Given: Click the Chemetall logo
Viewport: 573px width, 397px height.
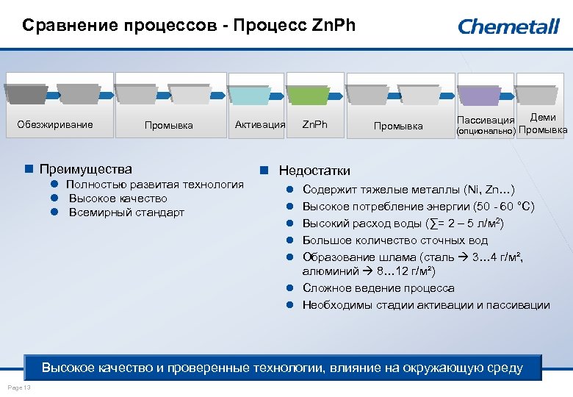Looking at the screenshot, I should pyautogui.click(x=508, y=27).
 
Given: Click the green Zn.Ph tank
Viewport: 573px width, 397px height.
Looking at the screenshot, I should pyautogui.click(x=307, y=94).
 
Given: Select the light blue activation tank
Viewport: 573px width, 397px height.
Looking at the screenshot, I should pyautogui.click(x=250, y=94).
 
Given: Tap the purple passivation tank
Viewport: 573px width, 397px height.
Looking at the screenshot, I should pyautogui.click(x=480, y=94).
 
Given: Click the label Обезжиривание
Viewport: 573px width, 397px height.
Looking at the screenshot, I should pyautogui.click(x=55, y=124).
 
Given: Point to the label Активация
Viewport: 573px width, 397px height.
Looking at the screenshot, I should pyautogui.click(x=259, y=124).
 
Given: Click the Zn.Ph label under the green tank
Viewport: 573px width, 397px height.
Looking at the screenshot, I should pyautogui.click(x=314, y=124).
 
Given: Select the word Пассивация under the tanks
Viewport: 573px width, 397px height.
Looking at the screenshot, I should pyautogui.click(x=485, y=120).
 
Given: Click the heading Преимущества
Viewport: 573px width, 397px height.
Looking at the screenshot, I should pyautogui.click(x=85, y=169).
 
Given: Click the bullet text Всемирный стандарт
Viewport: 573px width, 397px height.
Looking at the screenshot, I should pyautogui.click(x=126, y=212).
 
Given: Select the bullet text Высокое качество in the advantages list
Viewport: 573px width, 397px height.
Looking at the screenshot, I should pyautogui.click(x=118, y=198).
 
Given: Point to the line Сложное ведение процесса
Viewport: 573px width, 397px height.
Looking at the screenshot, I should pyautogui.click(x=378, y=288).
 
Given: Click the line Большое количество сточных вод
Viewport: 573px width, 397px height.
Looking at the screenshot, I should pyautogui.click(x=395, y=240).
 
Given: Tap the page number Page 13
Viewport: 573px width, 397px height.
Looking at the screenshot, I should pyautogui.click(x=18, y=387).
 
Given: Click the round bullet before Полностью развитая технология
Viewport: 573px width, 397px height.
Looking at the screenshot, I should pyautogui.click(x=54, y=184).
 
